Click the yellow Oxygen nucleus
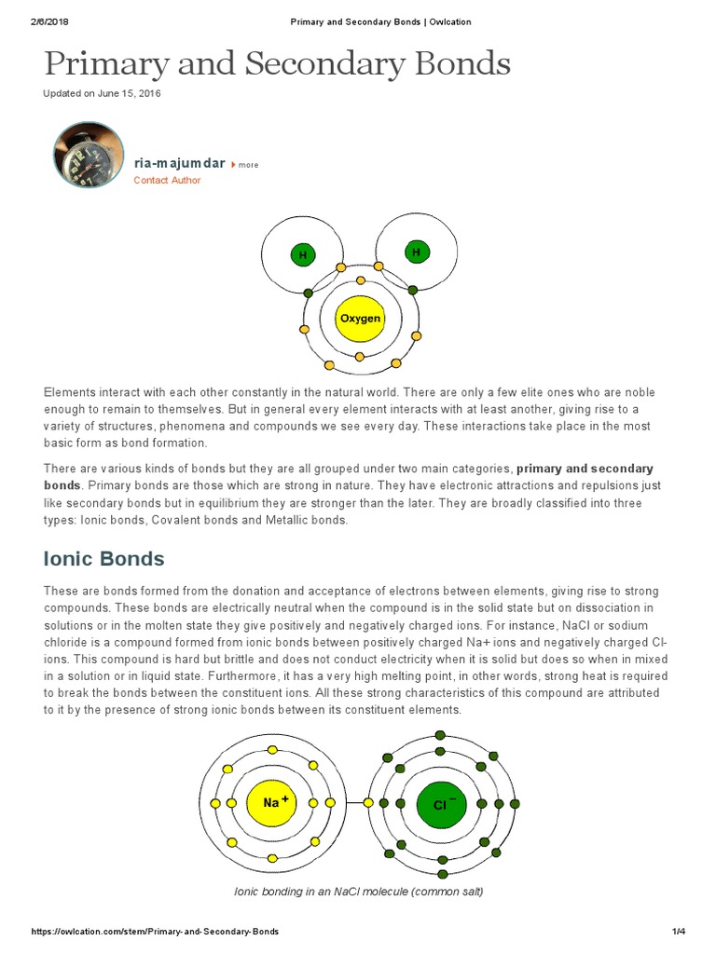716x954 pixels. pyautogui.click(x=360, y=319)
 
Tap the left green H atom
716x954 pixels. pyautogui.click(x=302, y=255)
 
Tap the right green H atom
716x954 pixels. pyautogui.click(x=416, y=252)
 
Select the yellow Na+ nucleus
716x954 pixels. pyautogui.click(x=273, y=802)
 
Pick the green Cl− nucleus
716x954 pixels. pyautogui.click(x=442, y=803)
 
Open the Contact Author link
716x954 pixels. pyautogui.click(x=167, y=181)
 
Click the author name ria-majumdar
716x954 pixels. pyautogui.click(x=179, y=163)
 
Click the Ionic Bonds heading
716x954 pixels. pyautogui.click(x=104, y=559)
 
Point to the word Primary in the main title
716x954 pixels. pyautogui.click(x=104, y=64)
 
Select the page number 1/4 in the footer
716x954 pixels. pyautogui.click(x=678, y=932)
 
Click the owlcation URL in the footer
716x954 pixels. pyautogui.click(x=155, y=932)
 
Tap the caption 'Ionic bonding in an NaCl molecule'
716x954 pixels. pyautogui.click(x=358, y=892)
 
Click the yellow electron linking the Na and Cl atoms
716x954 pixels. pyautogui.click(x=368, y=803)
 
